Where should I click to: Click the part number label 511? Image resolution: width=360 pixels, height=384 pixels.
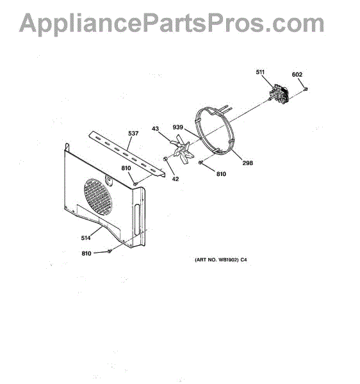point(260,72)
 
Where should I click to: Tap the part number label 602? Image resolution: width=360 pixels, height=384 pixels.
point(297,74)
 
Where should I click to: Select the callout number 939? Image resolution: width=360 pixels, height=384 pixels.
point(177,127)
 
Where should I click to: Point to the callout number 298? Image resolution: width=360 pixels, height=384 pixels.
point(247,163)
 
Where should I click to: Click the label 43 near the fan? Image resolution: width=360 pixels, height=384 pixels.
point(155,129)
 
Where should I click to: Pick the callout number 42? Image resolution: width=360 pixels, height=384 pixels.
point(176,179)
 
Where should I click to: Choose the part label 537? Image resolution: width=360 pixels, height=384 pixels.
point(133,134)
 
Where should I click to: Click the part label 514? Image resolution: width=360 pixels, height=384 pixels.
point(86,238)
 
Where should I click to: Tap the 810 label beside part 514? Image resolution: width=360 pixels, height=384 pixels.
point(86,253)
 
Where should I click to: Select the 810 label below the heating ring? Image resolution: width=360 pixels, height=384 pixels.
point(221,174)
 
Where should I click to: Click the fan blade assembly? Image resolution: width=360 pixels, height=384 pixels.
point(183,149)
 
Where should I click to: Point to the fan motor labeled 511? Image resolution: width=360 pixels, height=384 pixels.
point(278,94)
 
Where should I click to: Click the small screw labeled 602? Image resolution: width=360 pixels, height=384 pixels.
point(306,89)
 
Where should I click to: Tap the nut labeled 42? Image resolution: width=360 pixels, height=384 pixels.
point(165,159)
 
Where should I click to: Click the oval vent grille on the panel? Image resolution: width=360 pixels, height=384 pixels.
point(98,197)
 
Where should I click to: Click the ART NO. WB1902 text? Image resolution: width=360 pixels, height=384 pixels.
point(221,260)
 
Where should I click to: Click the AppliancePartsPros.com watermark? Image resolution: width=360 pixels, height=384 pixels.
point(172,23)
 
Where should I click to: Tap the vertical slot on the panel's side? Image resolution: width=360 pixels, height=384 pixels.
point(136,220)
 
